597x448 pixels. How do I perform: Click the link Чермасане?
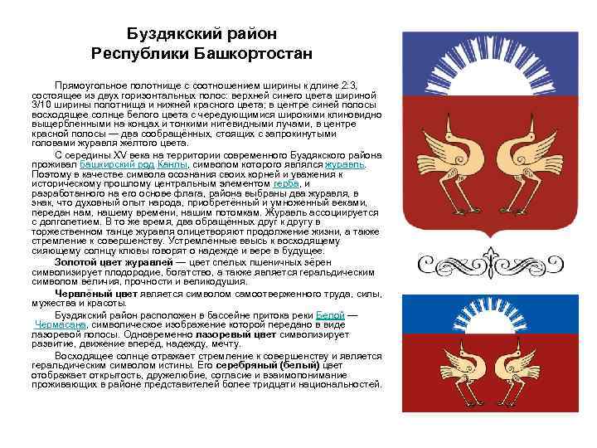62,324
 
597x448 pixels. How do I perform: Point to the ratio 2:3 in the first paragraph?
369,85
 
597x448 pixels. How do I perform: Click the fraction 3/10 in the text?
42,105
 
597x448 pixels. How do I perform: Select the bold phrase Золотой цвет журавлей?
109,262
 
